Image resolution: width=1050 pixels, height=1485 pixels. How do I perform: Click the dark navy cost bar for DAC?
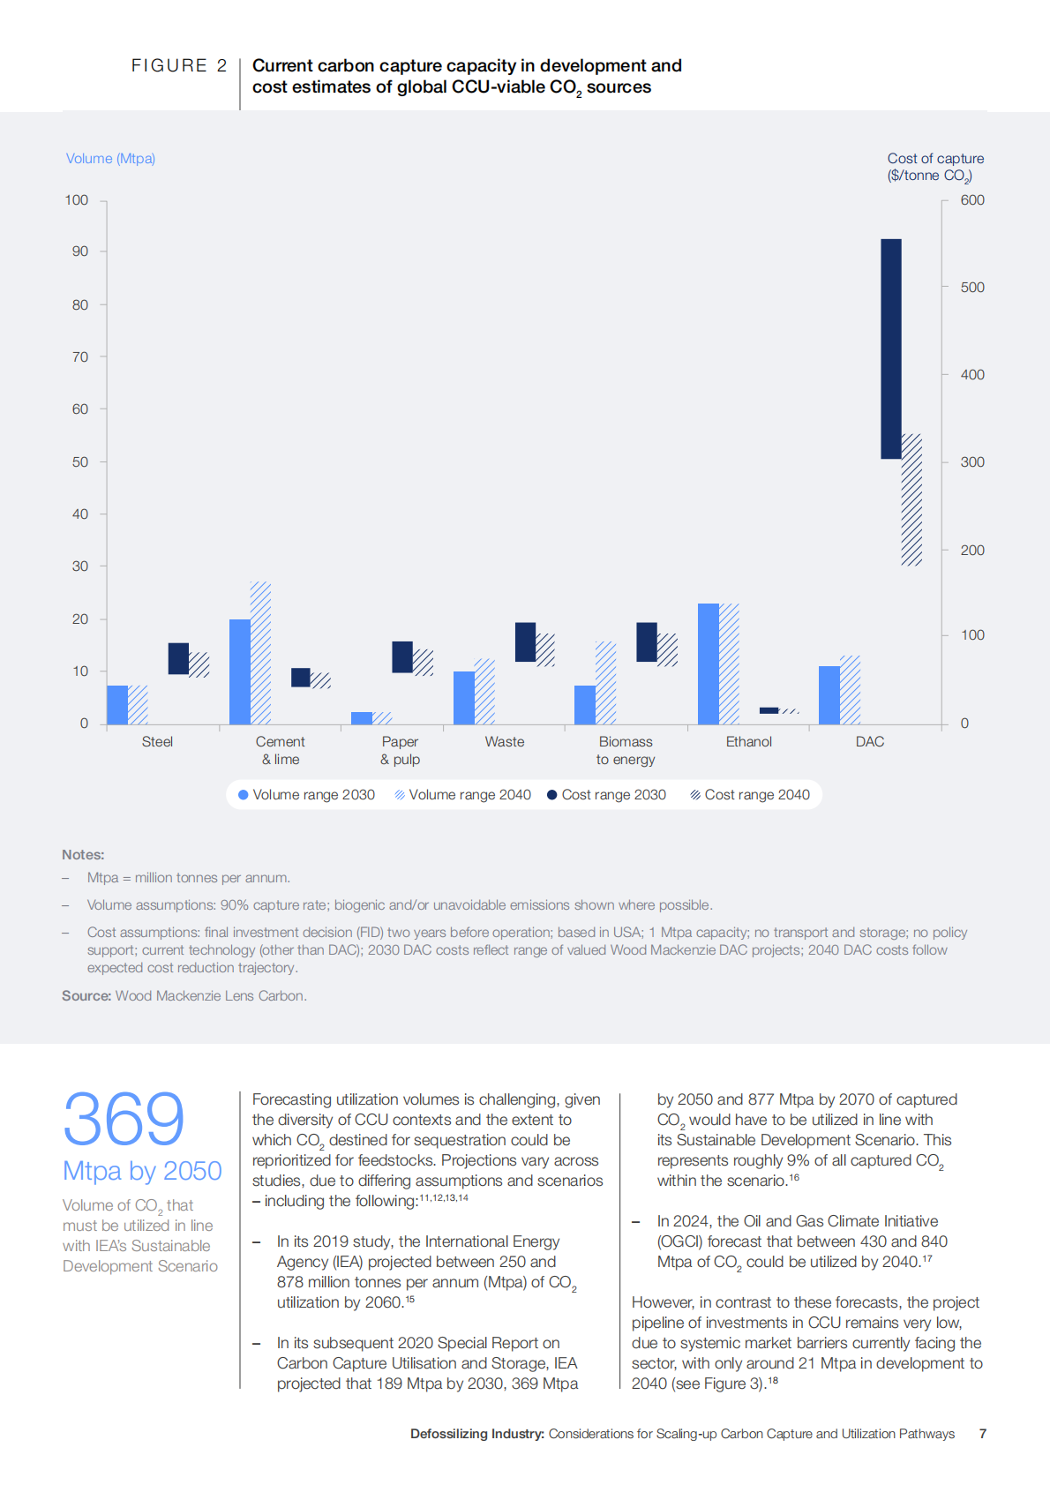891,349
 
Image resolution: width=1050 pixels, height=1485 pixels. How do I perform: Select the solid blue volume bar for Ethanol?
708,664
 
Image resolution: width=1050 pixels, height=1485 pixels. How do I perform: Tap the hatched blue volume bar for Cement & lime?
260,653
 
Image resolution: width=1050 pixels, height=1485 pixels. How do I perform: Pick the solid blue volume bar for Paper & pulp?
362,718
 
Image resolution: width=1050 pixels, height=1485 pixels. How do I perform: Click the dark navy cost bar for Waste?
525,641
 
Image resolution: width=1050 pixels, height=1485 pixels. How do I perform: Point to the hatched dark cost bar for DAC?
911,499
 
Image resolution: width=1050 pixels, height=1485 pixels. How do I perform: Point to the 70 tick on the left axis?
80,357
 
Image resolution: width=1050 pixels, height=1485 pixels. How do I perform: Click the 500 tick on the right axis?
972,288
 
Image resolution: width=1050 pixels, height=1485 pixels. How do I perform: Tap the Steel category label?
157,742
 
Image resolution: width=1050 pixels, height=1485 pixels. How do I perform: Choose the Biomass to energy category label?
626,751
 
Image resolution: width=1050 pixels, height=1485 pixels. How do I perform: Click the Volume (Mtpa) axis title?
110,159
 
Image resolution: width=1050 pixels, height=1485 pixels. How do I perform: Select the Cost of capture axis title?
935,167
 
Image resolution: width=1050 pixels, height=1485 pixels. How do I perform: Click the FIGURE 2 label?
179,66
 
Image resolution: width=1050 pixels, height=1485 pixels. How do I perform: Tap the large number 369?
124,1119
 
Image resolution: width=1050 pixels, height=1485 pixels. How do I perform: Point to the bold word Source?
86,996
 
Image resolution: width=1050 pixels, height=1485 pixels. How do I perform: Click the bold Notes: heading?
83,855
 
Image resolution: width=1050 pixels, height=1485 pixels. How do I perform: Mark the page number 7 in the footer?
983,1434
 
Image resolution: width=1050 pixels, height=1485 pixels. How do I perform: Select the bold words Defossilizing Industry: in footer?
476,1434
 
